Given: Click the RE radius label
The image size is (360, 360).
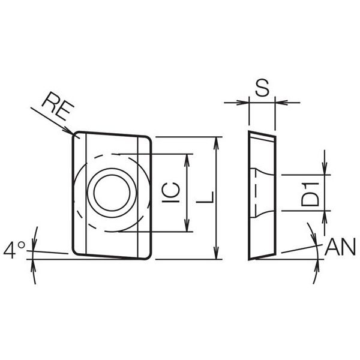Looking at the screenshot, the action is coord(58,106).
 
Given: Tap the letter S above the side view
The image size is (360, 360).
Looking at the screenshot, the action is coord(262,88).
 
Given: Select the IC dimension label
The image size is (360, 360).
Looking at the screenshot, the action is coord(170,193).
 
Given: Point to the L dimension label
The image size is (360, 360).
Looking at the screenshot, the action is coord(205,197).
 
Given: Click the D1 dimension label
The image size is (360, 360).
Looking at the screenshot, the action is coord(310,194).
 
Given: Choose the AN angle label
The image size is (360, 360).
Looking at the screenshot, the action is coord(340,247).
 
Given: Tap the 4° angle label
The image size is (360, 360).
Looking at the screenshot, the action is coord(14,250).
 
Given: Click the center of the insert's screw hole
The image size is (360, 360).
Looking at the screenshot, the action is coord(112,193).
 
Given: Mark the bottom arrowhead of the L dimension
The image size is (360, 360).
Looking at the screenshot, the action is coord(216,253).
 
